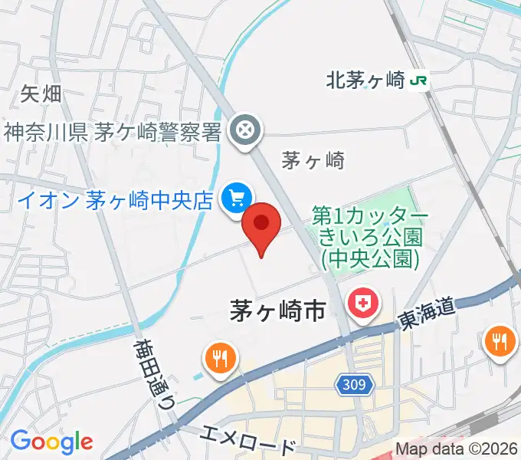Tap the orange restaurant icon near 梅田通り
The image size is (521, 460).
(220, 357)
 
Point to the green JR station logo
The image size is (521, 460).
(419, 79)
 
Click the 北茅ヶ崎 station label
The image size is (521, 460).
(366, 79)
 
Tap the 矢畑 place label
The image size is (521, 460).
(41, 95)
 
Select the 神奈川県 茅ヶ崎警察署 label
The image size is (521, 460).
(113, 132)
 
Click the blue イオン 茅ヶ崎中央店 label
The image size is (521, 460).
(114, 201)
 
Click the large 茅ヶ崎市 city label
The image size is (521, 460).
(278, 310)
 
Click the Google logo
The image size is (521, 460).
(51, 442)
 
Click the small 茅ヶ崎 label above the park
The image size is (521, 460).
(313, 161)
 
